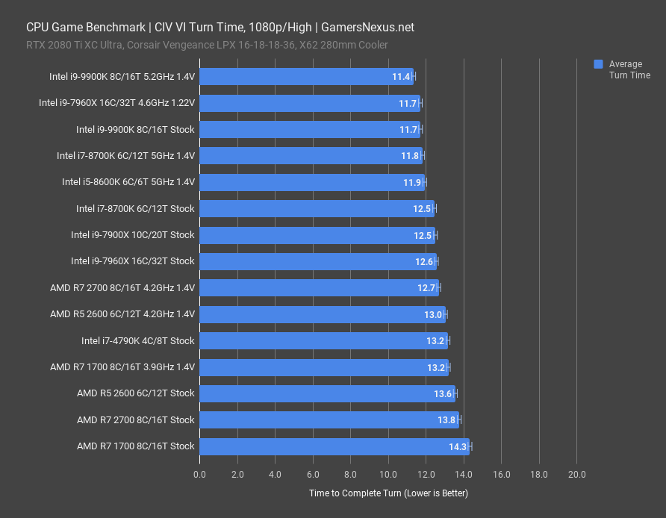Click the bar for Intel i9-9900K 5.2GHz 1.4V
(x=306, y=77)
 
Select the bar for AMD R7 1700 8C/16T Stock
(x=334, y=446)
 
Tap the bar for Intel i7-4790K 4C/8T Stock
(x=323, y=341)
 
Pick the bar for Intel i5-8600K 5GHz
(x=312, y=182)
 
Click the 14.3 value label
(x=458, y=446)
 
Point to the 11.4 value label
(x=401, y=77)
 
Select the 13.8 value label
(x=447, y=420)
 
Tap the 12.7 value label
(x=427, y=288)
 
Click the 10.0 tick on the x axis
(x=388, y=474)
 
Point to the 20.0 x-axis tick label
(x=576, y=474)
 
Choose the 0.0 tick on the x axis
(x=200, y=474)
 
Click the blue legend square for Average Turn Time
(x=598, y=64)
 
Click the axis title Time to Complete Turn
(x=388, y=493)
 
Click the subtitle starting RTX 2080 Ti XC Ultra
(x=207, y=45)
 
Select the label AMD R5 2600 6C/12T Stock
(x=135, y=393)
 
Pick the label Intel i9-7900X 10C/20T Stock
(x=132, y=235)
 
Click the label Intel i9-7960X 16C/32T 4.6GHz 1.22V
(x=116, y=103)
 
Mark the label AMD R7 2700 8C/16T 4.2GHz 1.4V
(x=122, y=288)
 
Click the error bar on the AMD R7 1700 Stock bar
(x=470, y=446)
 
